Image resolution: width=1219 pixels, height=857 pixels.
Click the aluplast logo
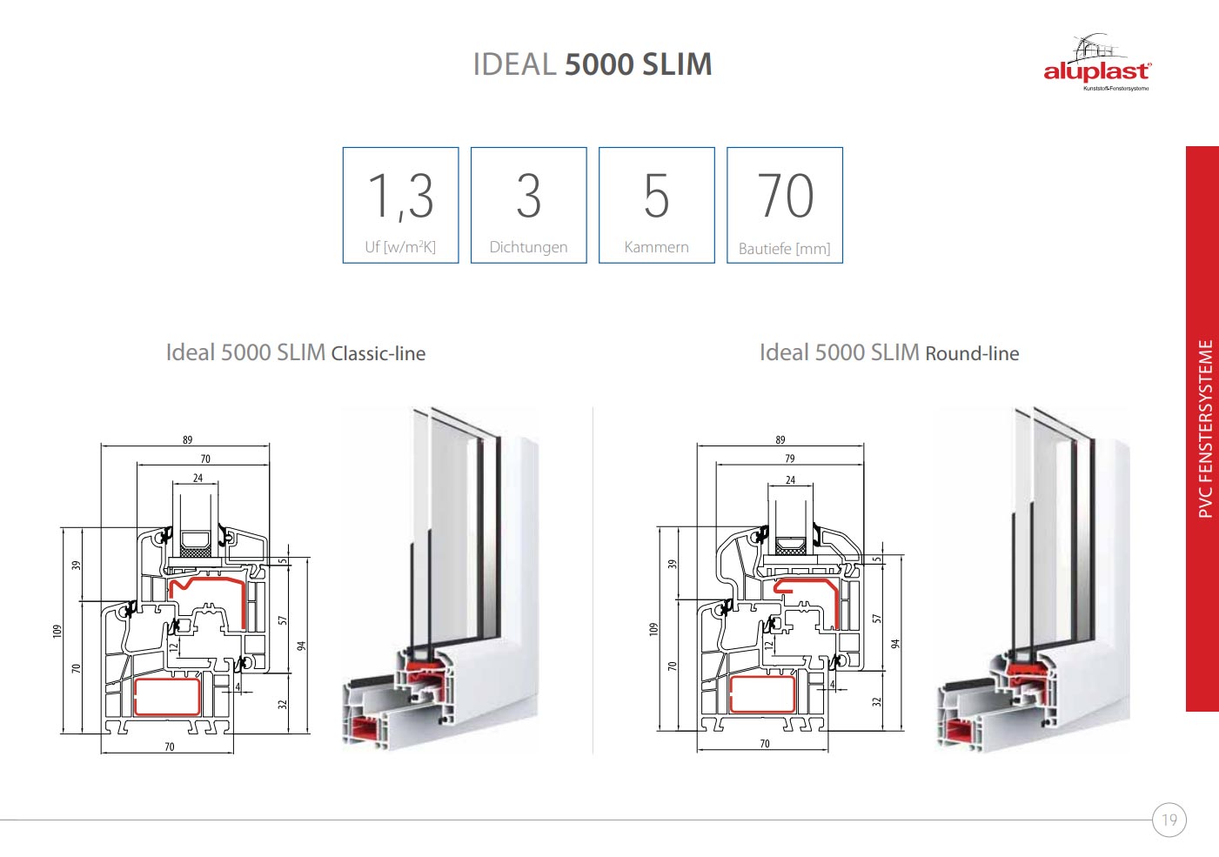(x=1097, y=62)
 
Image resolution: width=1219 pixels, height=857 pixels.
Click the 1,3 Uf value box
(x=400, y=205)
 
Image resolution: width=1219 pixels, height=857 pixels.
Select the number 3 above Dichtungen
(x=528, y=196)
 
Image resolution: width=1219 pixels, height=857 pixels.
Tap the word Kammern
(x=656, y=247)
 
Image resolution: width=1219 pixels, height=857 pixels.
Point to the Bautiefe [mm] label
(x=784, y=249)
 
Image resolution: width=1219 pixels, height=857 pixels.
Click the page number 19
(x=1169, y=820)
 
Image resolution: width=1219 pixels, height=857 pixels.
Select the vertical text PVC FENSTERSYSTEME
(x=1205, y=429)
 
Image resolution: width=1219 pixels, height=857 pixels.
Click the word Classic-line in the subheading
(x=378, y=354)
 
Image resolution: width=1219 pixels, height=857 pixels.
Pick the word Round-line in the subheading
(x=972, y=354)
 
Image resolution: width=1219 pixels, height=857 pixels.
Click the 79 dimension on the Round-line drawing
(x=790, y=459)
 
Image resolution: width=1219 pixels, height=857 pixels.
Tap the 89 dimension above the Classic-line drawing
(x=187, y=439)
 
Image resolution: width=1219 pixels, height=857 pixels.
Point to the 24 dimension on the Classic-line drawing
(x=198, y=478)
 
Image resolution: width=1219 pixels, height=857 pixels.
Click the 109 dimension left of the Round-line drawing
(x=653, y=629)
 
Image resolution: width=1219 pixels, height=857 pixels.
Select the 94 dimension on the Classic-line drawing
(x=301, y=646)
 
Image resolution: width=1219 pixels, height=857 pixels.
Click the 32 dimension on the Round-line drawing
(x=876, y=702)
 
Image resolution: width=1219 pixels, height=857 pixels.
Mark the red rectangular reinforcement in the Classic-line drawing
(x=167, y=697)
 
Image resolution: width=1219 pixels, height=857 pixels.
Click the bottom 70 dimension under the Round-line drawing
(x=765, y=743)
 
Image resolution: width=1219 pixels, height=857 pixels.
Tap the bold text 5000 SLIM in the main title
(x=639, y=64)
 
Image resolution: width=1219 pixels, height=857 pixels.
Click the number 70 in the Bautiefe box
(x=786, y=196)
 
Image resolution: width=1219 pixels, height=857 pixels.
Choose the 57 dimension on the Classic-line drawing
(x=282, y=620)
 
